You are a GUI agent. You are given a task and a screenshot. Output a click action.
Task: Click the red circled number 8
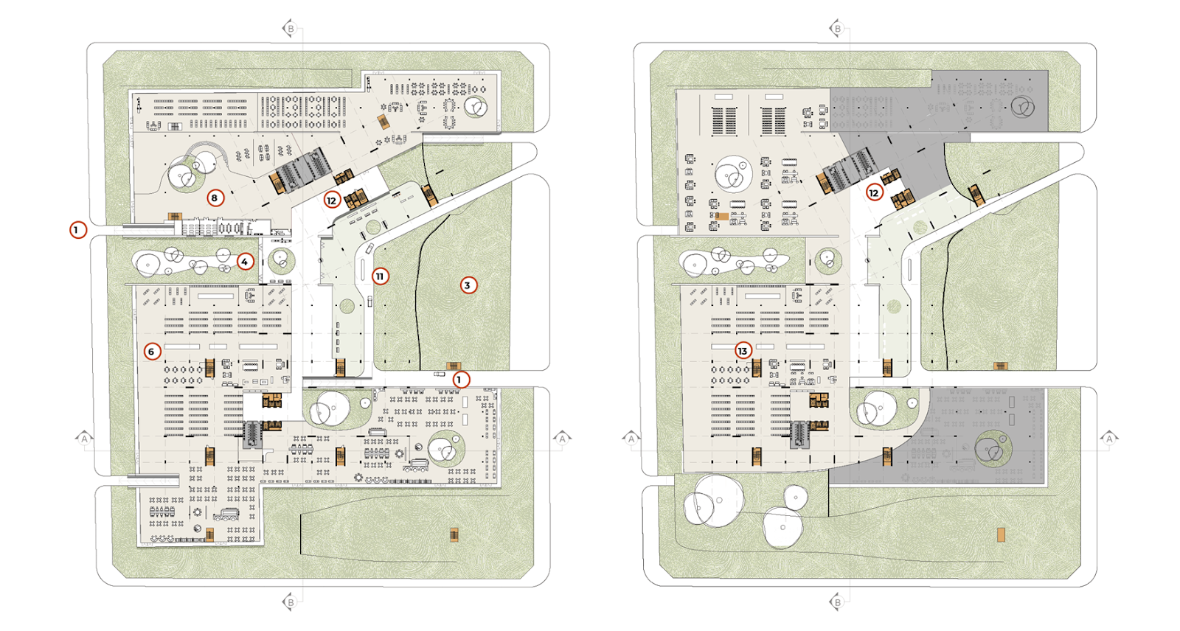215,198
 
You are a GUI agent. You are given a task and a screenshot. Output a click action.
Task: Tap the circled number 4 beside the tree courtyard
245,261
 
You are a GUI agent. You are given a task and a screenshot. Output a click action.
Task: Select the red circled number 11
381,276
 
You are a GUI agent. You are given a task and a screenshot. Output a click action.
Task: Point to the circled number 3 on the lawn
468,285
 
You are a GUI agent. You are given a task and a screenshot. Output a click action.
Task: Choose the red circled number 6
152,352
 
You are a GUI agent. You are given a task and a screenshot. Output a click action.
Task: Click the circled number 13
743,351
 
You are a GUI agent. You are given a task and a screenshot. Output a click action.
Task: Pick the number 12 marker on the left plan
331,201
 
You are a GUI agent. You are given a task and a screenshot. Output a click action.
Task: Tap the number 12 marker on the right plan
874,193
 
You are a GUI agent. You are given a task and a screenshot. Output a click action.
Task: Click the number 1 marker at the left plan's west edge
78,230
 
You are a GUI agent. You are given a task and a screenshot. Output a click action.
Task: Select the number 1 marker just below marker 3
461,379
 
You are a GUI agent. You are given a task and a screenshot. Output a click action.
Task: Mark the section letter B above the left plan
291,29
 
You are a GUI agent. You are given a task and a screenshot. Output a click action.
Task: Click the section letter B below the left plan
291,602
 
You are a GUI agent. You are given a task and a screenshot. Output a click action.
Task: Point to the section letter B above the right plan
838,29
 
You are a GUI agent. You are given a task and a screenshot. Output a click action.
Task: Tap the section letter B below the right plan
838,602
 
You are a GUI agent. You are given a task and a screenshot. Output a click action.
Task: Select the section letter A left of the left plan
84,438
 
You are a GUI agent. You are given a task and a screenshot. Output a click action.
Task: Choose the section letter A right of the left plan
563,438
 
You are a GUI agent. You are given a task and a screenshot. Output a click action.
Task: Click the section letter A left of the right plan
631,438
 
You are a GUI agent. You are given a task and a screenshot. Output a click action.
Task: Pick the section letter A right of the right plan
1109,438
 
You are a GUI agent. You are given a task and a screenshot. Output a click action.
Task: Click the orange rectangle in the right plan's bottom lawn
1001,535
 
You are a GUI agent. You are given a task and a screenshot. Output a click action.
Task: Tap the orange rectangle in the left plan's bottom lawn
454,535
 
